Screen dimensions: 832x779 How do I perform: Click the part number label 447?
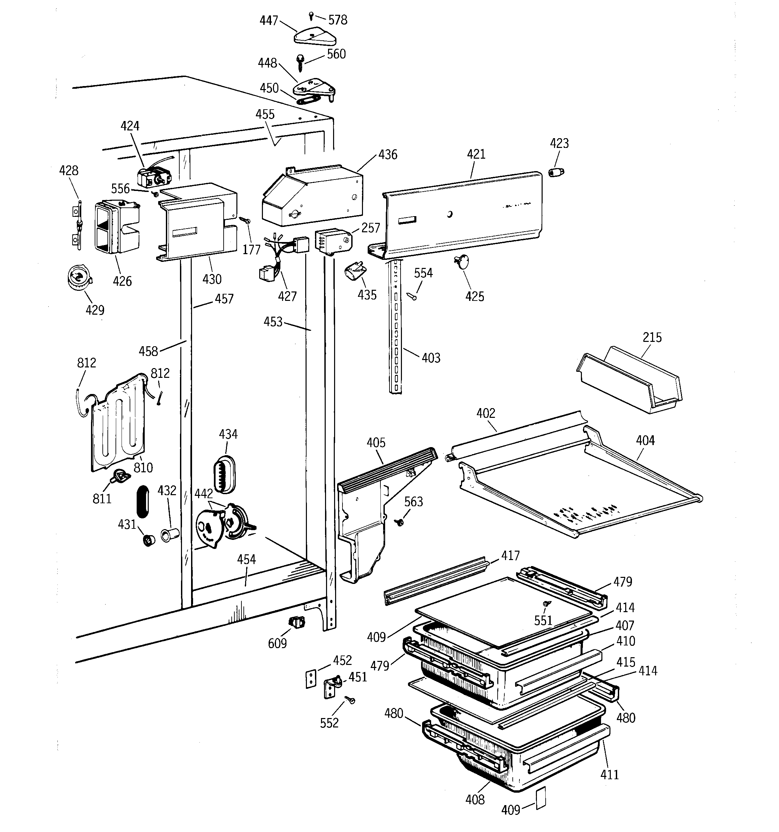[x=268, y=20]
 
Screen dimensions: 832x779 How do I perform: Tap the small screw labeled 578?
[x=311, y=15]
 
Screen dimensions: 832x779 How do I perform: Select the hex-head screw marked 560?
[x=300, y=63]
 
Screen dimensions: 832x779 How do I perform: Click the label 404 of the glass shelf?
[x=645, y=440]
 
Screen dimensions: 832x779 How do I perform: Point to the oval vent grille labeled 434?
[x=225, y=475]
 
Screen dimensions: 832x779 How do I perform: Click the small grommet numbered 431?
[x=149, y=540]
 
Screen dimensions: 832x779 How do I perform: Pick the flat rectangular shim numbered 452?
[x=310, y=679]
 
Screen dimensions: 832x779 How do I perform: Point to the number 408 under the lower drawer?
[x=475, y=799]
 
